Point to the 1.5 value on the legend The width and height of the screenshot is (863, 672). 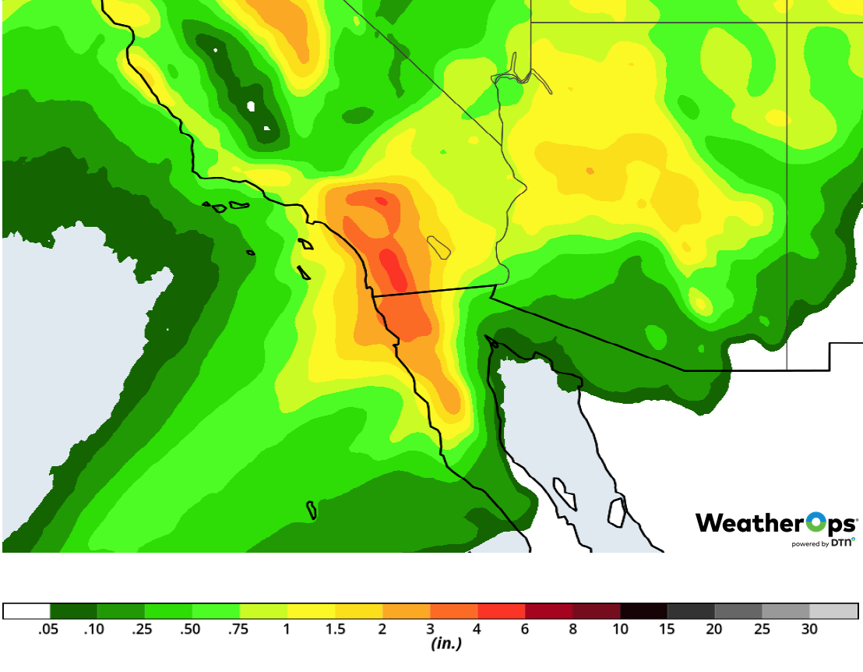pyautogui.click(x=335, y=629)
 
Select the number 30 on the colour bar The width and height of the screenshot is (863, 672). pyautogui.click(x=809, y=629)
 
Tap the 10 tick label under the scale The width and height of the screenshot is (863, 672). pyautogui.click(x=620, y=629)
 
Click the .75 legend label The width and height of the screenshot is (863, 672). pyautogui.click(x=238, y=629)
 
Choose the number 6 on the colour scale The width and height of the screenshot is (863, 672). pyautogui.click(x=525, y=629)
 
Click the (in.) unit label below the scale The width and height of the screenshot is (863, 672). pyautogui.click(x=446, y=644)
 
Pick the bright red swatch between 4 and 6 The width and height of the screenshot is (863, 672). pyautogui.click(x=501, y=610)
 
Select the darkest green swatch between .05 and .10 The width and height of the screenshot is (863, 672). pyautogui.click(x=73, y=610)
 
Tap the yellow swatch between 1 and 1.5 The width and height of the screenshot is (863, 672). pyautogui.click(x=311, y=610)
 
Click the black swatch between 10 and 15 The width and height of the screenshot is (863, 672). pyautogui.click(x=643, y=610)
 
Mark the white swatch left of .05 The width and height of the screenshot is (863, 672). pyautogui.click(x=26, y=610)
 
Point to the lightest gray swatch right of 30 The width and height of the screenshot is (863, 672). pyautogui.click(x=833, y=610)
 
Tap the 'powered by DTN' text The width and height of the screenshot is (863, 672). pyautogui.click(x=822, y=543)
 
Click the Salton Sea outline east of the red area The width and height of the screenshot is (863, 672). pyautogui.click(x=439, y=247)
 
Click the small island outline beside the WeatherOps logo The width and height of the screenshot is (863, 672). pyautogui.click(x=617, y=511)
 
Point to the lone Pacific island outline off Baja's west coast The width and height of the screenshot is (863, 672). pyautogui.click(x=312, y=510)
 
